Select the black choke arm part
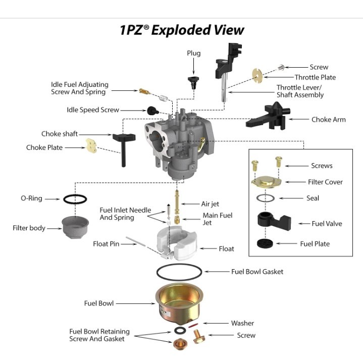(x=267, y=118)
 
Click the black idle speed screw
(x=152, y=110)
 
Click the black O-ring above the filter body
(x=74, y=198)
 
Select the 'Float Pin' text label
(x=106, y=243)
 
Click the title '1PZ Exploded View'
(x=181, y=30)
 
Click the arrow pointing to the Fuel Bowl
(x=136, y=303)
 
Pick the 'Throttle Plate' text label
(x=315, y=77)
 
